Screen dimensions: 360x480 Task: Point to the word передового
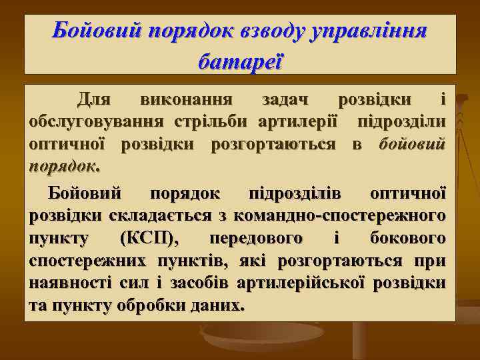click(x=255, y=238)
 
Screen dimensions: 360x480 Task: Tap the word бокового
click(x=406, y=238)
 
